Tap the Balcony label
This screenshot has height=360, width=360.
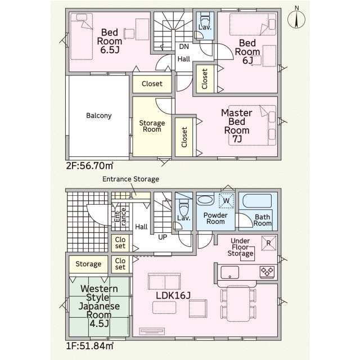point(99,115)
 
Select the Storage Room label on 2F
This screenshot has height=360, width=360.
point(152,126)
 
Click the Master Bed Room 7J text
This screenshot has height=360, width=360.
point(237,126)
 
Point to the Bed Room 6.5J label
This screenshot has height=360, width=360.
point(110,41)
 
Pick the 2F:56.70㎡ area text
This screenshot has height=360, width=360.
point(90,165)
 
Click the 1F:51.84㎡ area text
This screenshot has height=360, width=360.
point(90,346)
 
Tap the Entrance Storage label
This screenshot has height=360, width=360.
point(130,179)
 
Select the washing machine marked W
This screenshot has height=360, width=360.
point(226,200)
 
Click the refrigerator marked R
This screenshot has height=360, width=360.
point(269,243)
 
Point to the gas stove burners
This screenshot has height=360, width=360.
point(267,272)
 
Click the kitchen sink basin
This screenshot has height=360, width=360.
point(229,272)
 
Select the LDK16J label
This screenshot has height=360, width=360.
point(173,296)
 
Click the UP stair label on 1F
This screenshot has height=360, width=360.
point(163,237)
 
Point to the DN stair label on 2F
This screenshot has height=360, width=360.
point(184,47)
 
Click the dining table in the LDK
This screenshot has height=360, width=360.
point(238,303)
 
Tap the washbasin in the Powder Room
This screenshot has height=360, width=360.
point(205,200)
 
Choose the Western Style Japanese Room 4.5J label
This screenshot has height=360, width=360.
point(99,306)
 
